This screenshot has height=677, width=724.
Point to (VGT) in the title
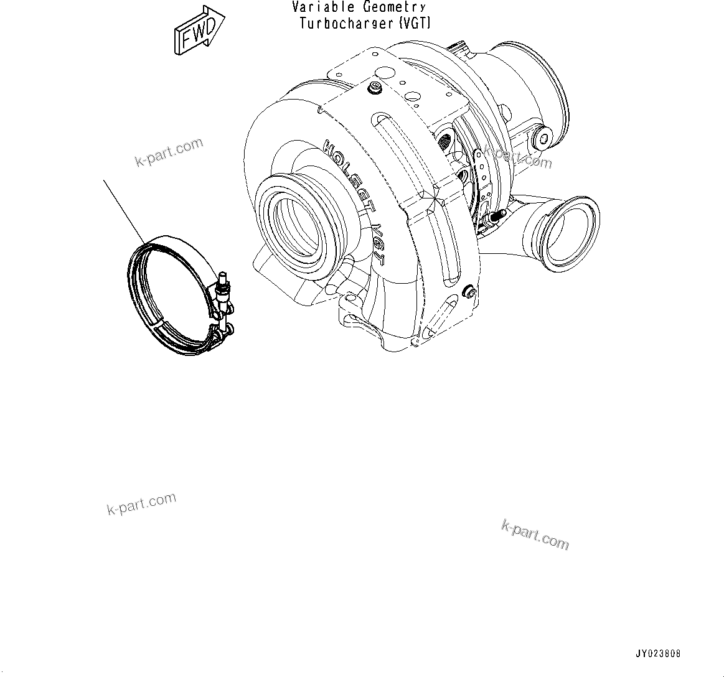point(413,24)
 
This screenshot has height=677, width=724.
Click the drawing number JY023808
point(658,654)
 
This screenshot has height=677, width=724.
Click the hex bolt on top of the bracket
point(375,89)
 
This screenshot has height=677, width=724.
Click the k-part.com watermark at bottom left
point(141,504)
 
